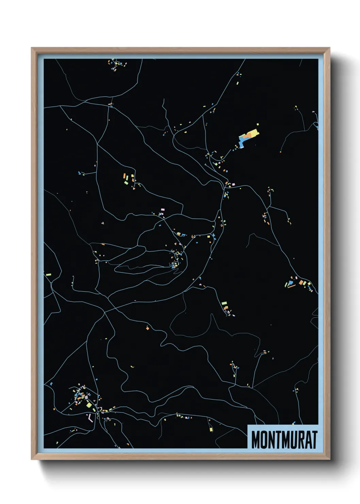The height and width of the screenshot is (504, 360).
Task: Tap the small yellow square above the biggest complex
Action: coord(258,125)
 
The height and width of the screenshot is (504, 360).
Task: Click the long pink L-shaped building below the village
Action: coord(90,418)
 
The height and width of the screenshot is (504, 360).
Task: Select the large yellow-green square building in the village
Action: coord(89,405)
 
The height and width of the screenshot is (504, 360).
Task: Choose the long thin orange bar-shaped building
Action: coord(292,286)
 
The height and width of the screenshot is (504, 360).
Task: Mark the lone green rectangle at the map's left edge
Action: coord(48,274)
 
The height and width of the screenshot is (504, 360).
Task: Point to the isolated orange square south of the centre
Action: coord(147,328)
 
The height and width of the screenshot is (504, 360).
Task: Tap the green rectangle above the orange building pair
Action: coord(224,302)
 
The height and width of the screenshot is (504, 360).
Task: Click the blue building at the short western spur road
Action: coord(80,173)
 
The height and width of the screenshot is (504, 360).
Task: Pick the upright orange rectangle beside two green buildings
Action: coord(124,177)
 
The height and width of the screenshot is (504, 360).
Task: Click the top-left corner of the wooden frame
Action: coord(32,48)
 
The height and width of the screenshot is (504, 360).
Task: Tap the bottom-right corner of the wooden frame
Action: coord(329,459)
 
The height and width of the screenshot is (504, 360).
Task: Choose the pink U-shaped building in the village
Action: coord(101,408)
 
